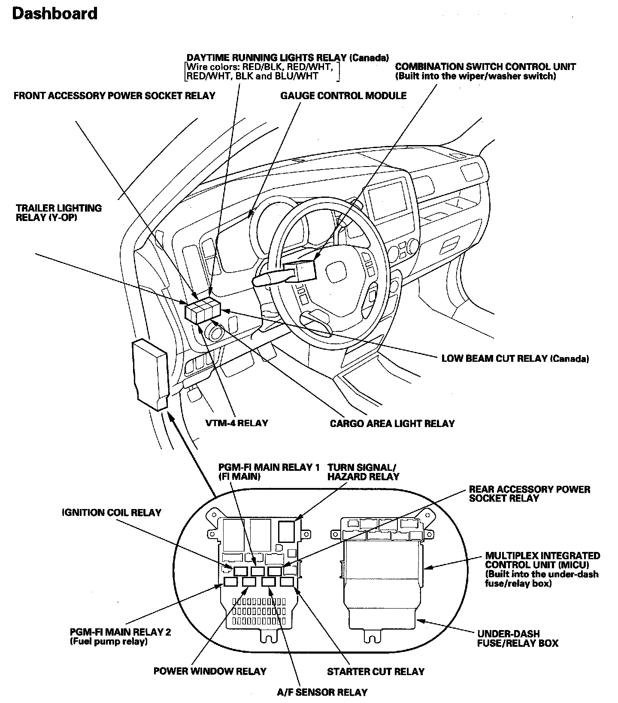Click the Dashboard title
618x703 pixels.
(55, 14)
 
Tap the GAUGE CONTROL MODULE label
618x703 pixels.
(343, 95)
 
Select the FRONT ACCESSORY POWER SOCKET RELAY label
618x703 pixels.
(114, 95)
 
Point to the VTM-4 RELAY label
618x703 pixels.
(236, 423)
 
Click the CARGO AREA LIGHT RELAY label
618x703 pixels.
(392, 424)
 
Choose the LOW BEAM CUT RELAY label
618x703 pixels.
(515, 358)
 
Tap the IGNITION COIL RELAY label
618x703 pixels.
(111, 512)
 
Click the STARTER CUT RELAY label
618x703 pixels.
(376, 672)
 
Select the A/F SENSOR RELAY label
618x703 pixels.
(322, 692)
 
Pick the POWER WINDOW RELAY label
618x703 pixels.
(210, 671)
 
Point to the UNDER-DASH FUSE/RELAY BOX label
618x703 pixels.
(517, 638)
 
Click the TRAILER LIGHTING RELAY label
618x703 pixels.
(59, 213)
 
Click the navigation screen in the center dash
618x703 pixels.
(387, 200)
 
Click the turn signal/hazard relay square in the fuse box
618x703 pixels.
(287, 531)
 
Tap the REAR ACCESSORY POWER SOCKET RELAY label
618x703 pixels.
(529, 494)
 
